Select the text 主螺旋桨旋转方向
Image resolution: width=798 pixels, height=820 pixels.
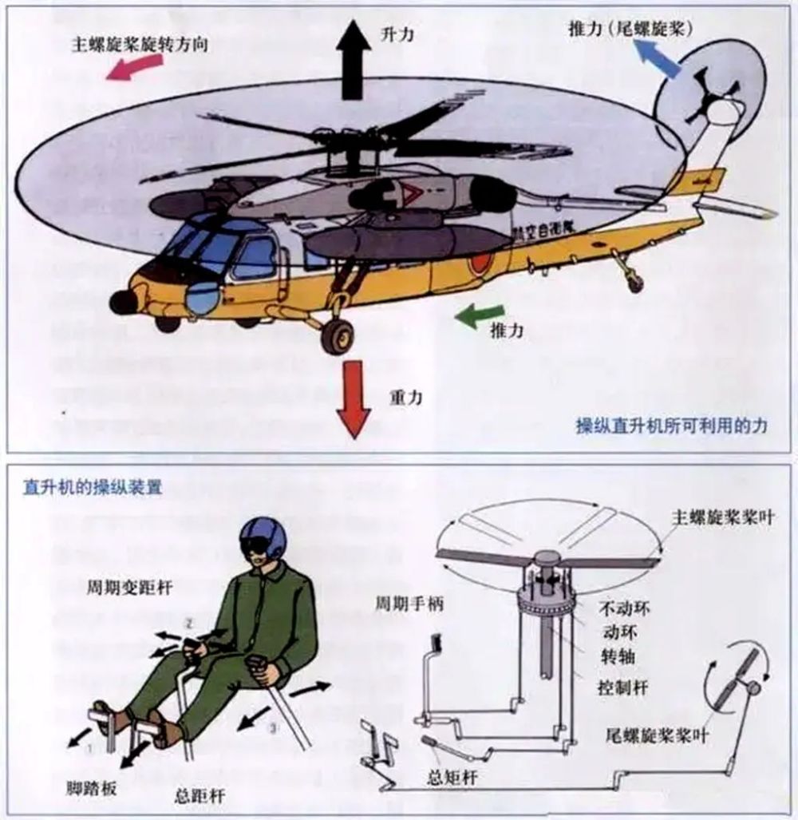tap(140, 44)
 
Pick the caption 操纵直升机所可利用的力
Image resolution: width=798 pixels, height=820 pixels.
tap(671, 426)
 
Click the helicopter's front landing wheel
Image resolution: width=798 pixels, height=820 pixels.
tap(337, 335)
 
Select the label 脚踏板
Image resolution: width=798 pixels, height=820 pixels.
tap(91, 786)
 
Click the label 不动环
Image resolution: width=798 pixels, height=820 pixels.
tap(623, 608)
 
